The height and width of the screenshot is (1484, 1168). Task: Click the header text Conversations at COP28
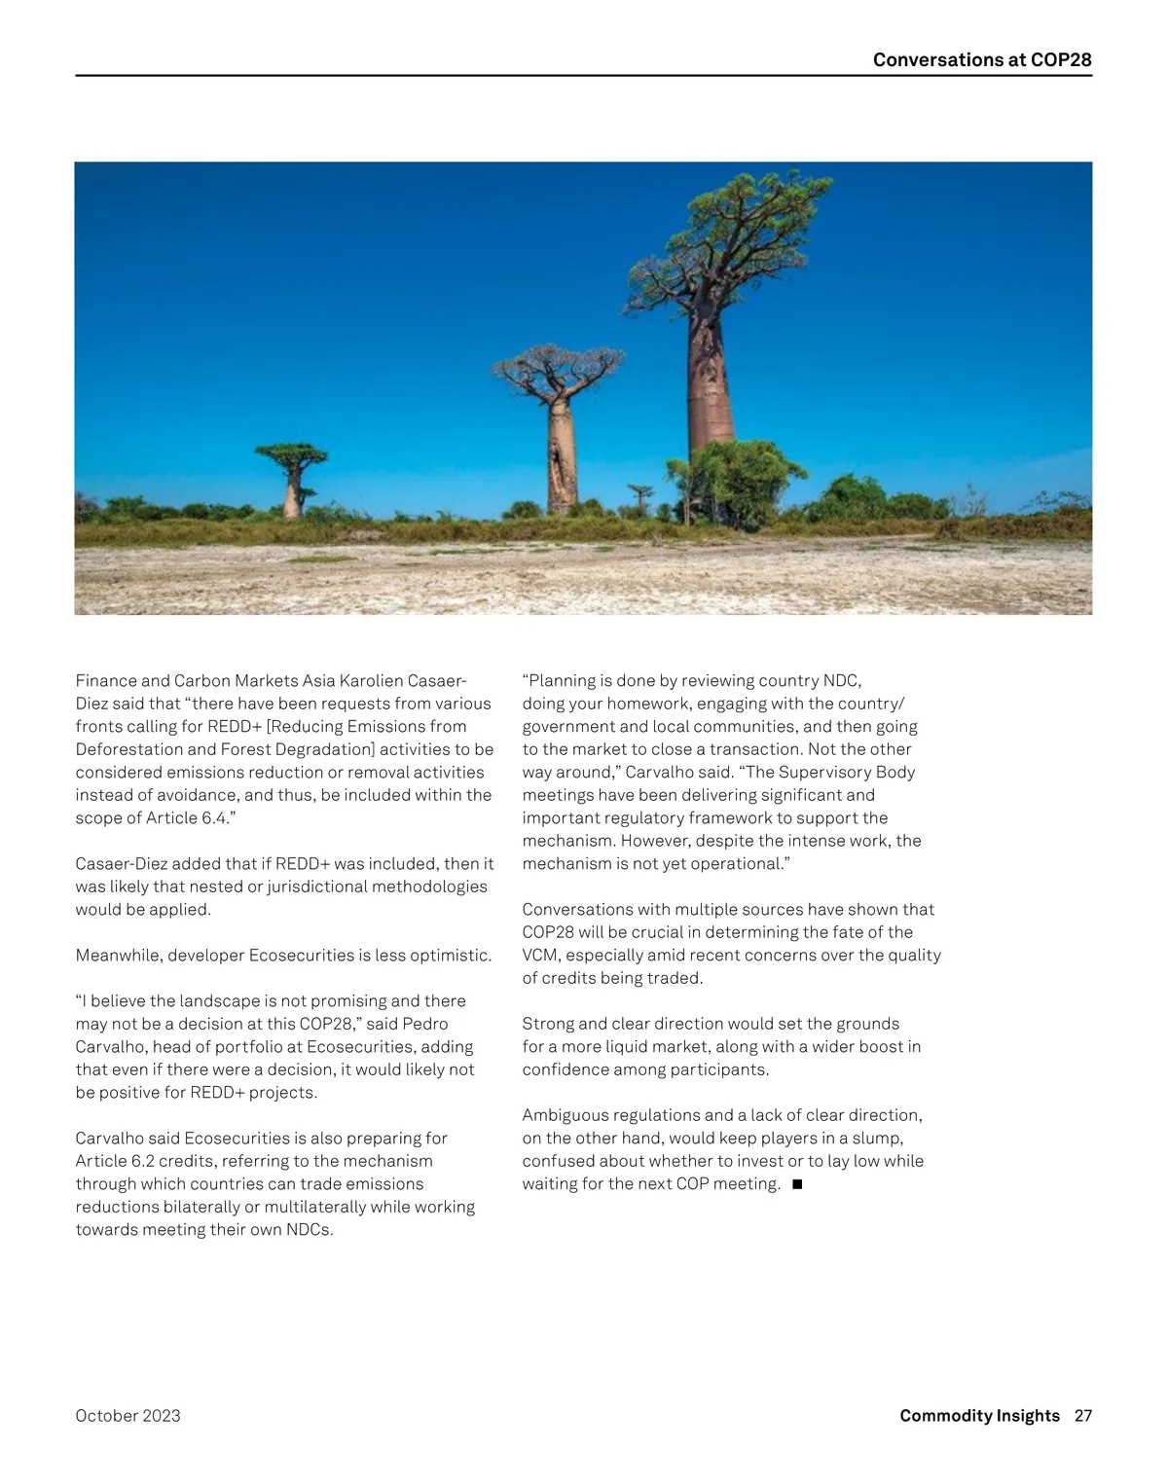click(981, 59)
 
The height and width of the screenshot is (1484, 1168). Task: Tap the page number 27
click(1082, 1415)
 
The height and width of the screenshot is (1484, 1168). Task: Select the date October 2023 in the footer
click(128, 1415)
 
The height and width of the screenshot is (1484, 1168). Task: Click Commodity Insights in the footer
click(979, 1415)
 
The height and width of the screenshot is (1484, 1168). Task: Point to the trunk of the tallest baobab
click(711, 380)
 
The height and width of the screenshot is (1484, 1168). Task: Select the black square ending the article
click(797, 1184)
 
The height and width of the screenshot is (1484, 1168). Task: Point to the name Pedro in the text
click(424, 1024)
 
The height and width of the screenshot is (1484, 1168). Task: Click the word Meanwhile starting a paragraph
click(117, 955)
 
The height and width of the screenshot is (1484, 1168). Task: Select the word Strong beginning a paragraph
click(548, 1024)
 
